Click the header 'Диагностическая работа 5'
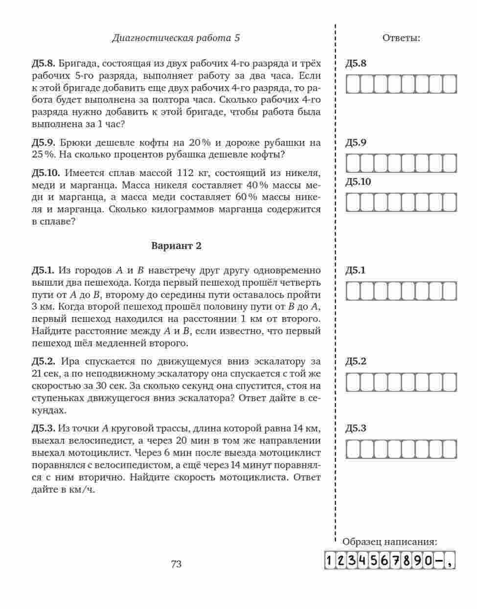click(x=176, y=38)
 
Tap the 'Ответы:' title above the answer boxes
click(x=401, y=38)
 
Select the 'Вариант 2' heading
click(x=176, y=246)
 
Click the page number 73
click(x=176, y=564)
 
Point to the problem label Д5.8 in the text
click(x=44, y=64)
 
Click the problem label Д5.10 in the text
click(x=46, y=173)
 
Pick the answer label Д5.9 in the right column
click(x=356, y=143)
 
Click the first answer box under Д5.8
click(x=353, y=84)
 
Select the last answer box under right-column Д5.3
click(x=450, y=449)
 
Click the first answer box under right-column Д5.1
click(x=353, y=291)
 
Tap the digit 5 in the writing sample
click(x=374, y=561)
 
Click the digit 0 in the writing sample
click(x=428, y=561)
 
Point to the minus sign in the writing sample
click(x=439, y=561)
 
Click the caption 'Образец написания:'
click(x=389, y=541)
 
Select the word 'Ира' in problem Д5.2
click(x=70, y=361)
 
